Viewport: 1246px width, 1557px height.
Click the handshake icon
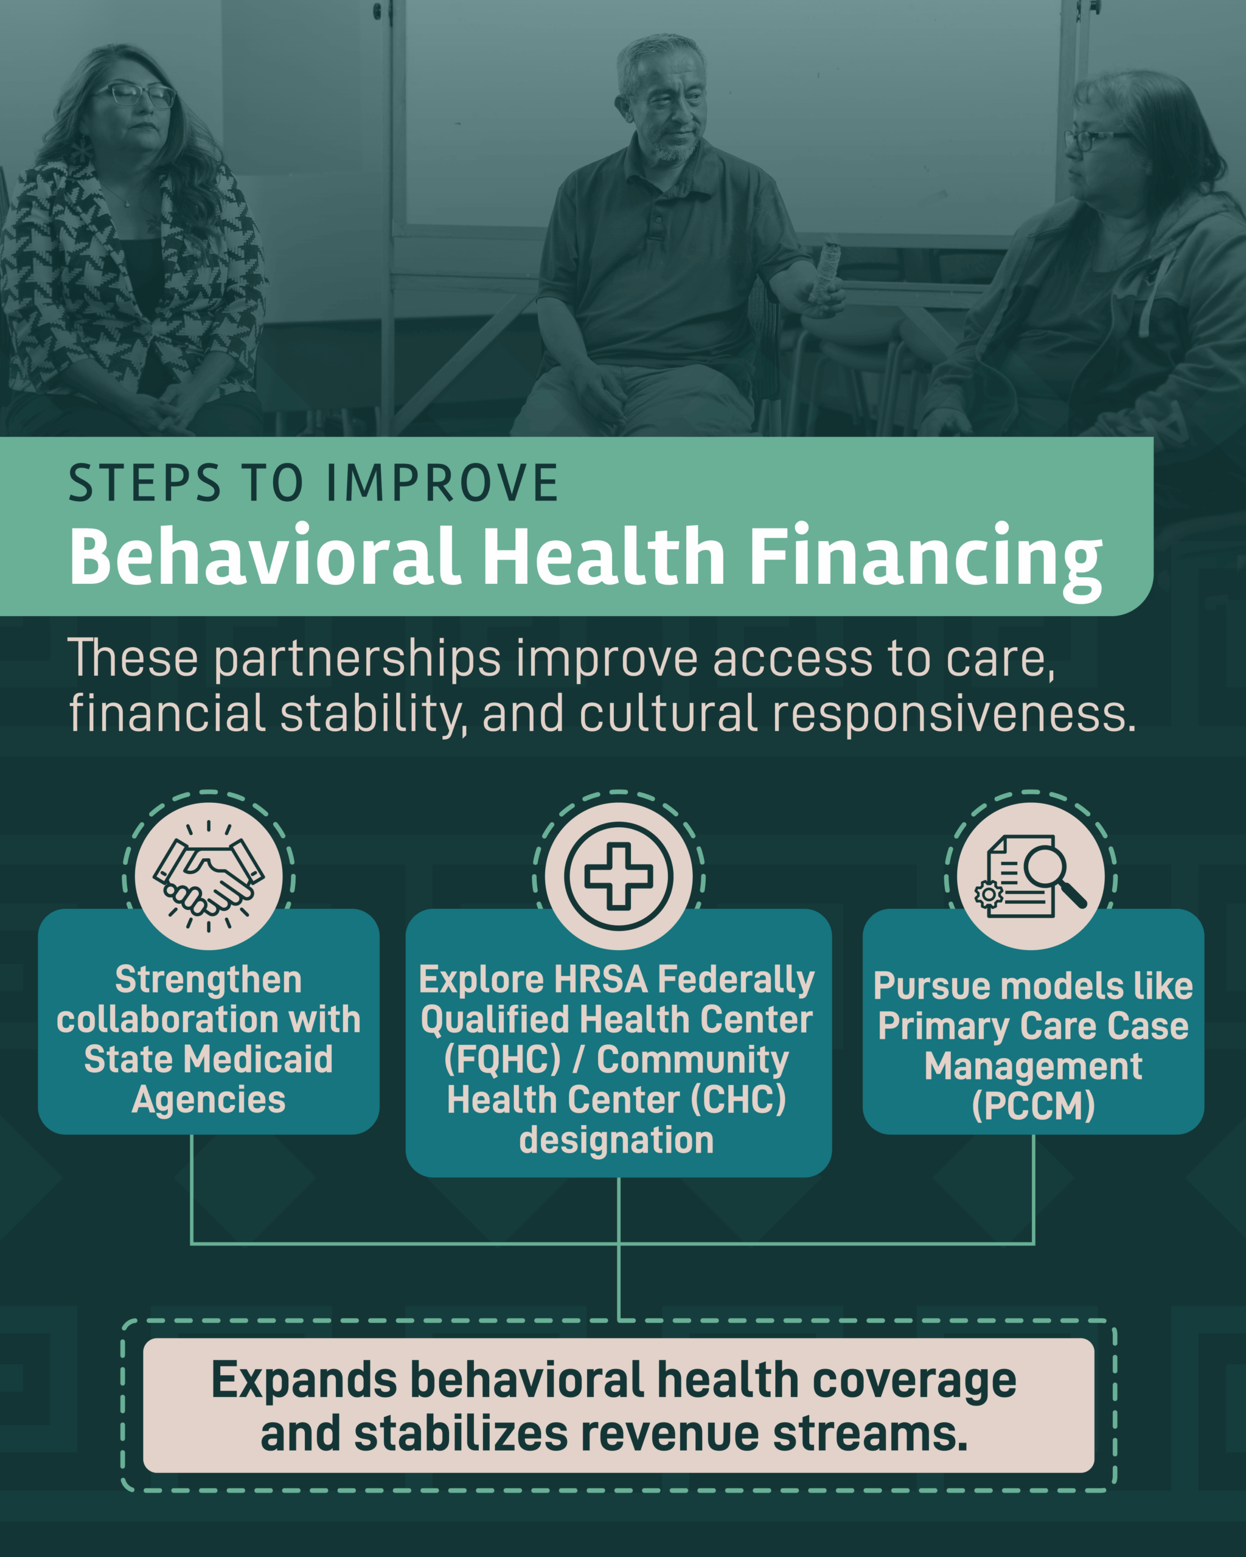208,875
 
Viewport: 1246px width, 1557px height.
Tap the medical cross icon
618,875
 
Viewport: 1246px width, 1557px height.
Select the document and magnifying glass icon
1031,876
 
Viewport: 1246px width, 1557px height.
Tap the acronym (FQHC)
502,1060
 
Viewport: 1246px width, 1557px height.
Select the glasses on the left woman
135,95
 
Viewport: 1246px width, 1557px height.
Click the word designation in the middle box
616,1140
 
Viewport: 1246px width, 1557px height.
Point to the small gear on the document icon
988,894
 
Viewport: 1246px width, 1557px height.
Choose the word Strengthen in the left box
208,980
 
